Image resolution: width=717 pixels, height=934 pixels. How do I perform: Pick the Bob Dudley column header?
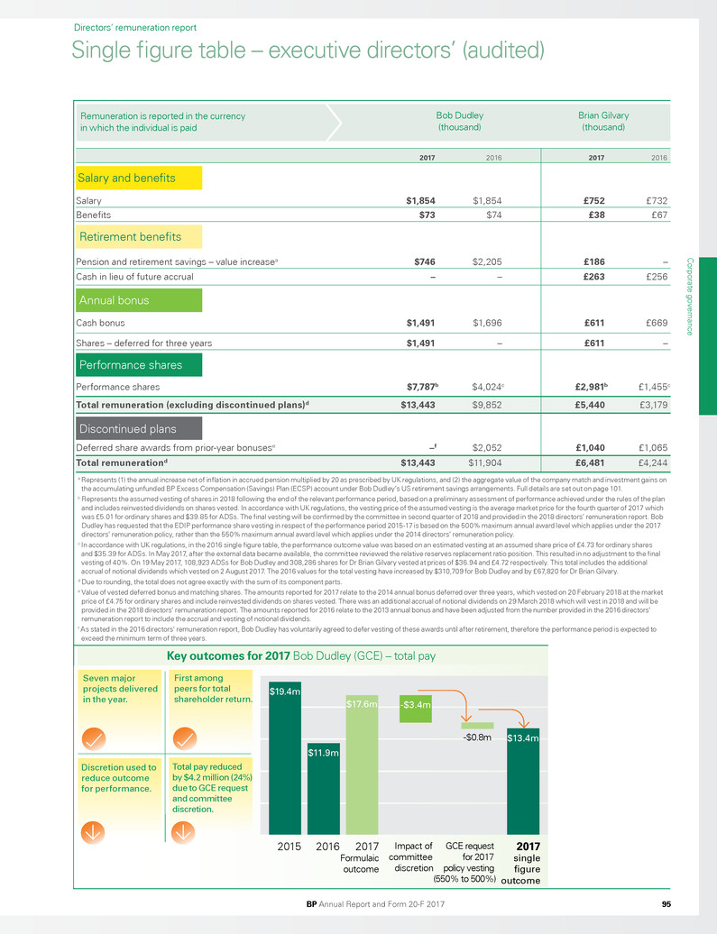pyautogui.click(x=459, y=121)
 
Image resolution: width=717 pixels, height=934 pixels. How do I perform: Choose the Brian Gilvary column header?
pyautogui.click(x=602, y=121)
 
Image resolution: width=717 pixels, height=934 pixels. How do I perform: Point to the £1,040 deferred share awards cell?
pyautogui.click(x=599, y=445)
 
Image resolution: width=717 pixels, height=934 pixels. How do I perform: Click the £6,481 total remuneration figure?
pyautogui.click(x=599, y=463)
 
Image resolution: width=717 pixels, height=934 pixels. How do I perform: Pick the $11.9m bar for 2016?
pyautogui.click(x=323, y=792)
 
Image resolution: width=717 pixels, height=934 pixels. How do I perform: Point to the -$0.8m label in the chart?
pyautogui.click(x=476, y=737)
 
